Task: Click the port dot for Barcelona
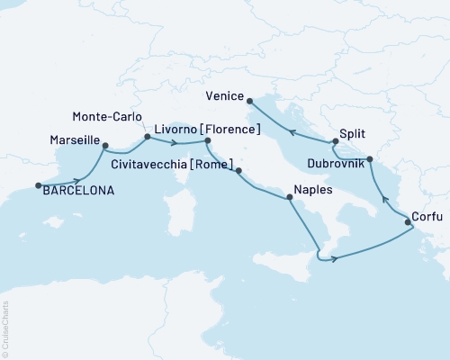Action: click(38, 186)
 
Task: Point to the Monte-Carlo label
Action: click(104, 116)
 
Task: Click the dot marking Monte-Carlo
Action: click(146, 137)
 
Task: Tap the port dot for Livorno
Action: click(208, 141)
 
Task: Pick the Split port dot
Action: click(333, 142)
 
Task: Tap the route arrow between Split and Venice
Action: click(292, 132)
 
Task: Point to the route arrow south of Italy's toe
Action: click(334, 259)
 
